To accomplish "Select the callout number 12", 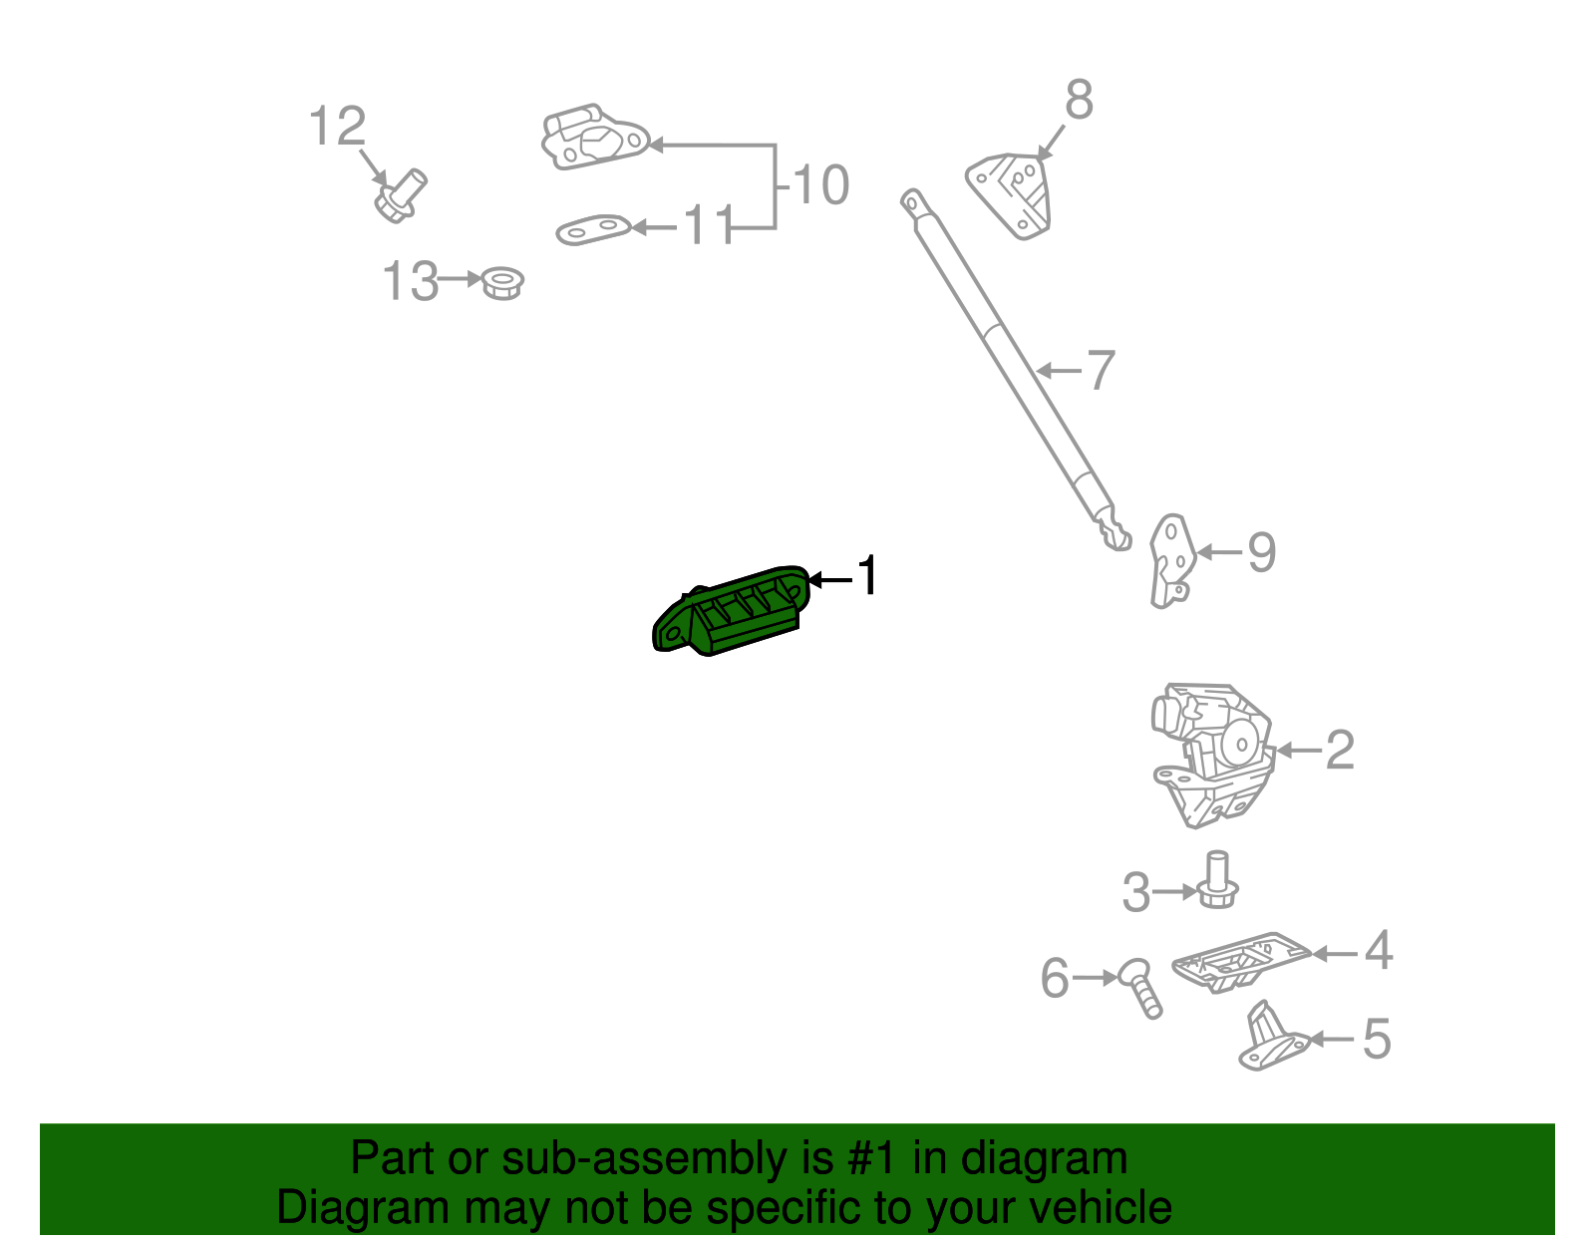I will [337, 128].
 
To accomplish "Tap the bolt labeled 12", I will [400, 195].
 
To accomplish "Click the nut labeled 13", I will [503, 283].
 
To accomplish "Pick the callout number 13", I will [410, 281].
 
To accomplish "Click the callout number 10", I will [820, 185].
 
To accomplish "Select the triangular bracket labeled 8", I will [1012, 194].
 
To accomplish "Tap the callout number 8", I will [1079, 102].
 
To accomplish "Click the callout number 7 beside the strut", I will [1100, 371].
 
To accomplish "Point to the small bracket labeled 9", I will [1170, 559].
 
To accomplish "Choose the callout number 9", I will [1262, 552].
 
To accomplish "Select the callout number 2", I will [1340, 751].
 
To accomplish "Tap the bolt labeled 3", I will [1216, 881].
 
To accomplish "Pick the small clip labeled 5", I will [1271, 1039].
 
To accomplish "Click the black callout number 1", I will [868, 577].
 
